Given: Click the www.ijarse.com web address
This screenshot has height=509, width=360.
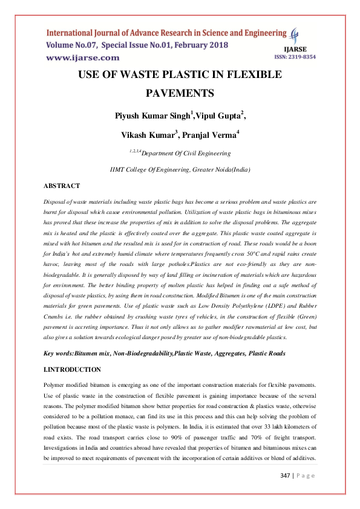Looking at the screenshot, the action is click(x=83, y=57).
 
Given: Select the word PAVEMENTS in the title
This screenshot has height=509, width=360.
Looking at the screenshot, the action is click(x=180, y=93).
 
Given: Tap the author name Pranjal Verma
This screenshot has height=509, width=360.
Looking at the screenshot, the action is click(x=211, y=135).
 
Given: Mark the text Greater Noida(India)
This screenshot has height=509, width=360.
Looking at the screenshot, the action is click(x=221, y=170).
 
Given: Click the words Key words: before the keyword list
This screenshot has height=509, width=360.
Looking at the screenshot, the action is click(x=61, y=352).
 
